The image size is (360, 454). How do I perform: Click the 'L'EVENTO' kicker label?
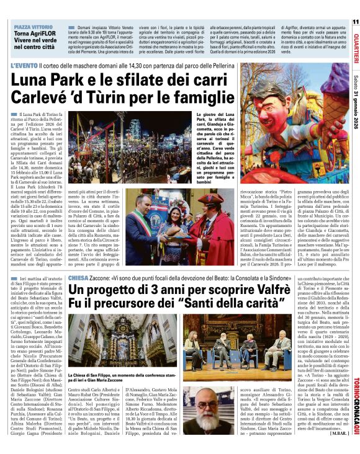tap(23, 65)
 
